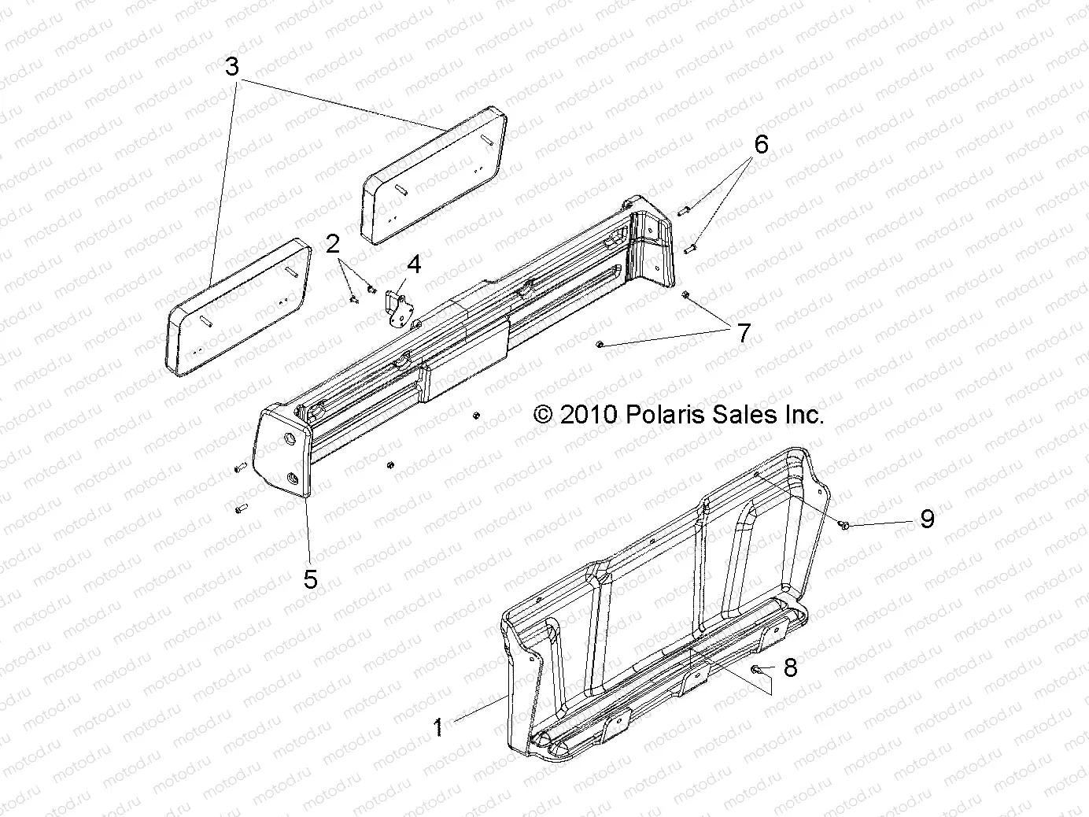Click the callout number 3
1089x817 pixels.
pyautogui.click(x=231, y=67)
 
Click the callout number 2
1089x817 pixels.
pyautogui.click(x=333, y=244)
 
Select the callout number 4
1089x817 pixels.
pyautogui.click(x=414, y=264)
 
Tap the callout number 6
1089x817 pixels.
pyautogui.click(x=761, y=145)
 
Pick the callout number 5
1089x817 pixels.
pyautogui.click(x=311, y=579)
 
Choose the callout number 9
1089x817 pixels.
pyautogui.click(x=928, y=519)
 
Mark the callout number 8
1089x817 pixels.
pyautogui.click(x=790, y=668)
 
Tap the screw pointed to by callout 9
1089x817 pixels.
pyautogui.click(x=844, y=525)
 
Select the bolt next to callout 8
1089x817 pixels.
pyautogui.click(x=755, y=669)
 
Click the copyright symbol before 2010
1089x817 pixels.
pyautogui.click(x=542, y=415)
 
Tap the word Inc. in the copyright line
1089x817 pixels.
pyautogui.click(x=803, y=415)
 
